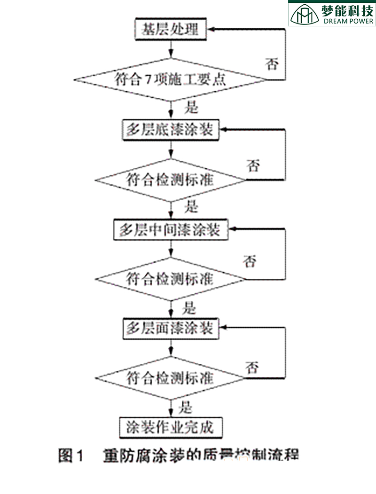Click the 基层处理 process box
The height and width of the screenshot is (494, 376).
click(x=170, y=30)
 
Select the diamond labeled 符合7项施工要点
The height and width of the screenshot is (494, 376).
click(x=170, y=79)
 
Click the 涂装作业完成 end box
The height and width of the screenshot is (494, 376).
click(x=170, y=427)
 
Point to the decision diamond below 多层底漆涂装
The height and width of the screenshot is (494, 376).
click(x=170, y=180)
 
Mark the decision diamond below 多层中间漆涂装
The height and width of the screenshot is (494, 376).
click(x=170, y=279)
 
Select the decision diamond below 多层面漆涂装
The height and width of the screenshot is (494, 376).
click(x=170, y=377)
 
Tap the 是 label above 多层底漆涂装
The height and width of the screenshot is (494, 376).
click(x=191, y=108)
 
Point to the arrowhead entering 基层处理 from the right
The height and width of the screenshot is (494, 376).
click(x=212, y=30)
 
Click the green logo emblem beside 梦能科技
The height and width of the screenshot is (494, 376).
click(x=305, y=14)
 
